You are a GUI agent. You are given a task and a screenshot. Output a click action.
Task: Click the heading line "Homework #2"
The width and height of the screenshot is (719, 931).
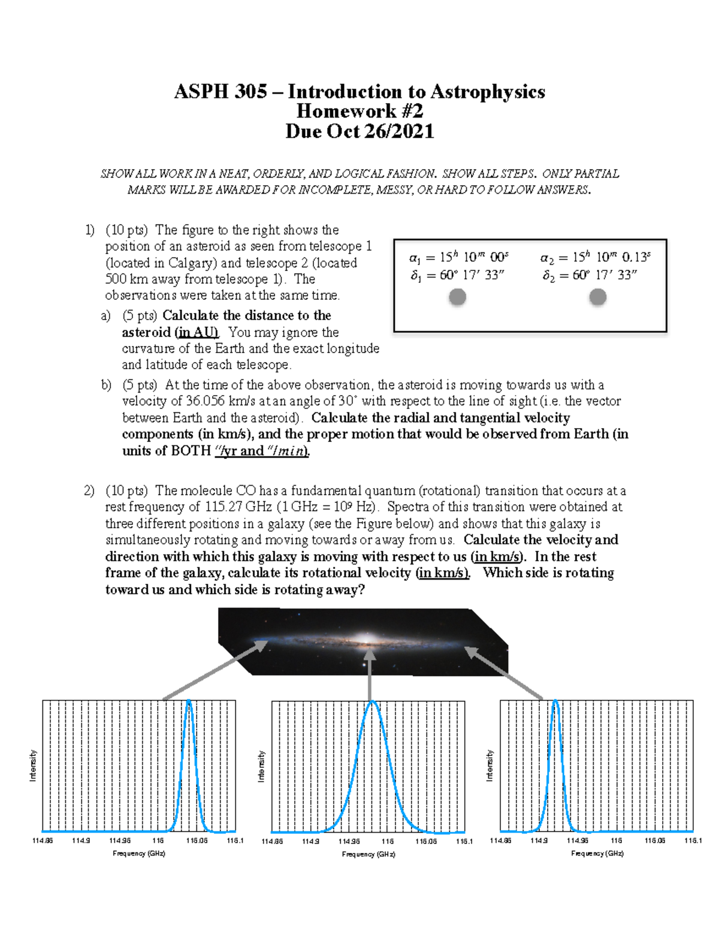pyautogui.click(x=359, y=111)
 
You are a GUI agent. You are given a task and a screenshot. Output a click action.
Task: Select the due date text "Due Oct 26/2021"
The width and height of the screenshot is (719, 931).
pyautogui.click(x=359, y=131)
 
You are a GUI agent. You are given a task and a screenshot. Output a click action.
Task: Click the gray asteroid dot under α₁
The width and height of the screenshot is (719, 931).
pyautogui.click(x=457, y=297)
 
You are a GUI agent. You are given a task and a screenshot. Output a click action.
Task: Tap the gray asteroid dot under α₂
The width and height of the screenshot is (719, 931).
pyautogui.click(x=597, y=297)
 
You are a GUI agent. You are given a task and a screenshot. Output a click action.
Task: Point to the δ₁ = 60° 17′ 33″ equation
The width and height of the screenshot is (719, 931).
pyautogui.click(x=457, y=275)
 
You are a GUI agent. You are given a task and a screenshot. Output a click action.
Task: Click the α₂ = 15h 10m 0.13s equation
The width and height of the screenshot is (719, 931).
pyautogui.click(x=595, y=257)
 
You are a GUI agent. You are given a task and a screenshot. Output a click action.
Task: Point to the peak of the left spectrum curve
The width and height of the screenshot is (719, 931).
pyautogui.click(x=189, y=701)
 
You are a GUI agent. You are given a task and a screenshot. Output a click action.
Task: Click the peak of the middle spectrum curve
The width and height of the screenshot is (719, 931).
pyautogui.click(x=372, y=702)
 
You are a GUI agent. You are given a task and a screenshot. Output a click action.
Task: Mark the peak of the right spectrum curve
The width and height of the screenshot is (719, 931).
pyautogui.click(x=555, y=701)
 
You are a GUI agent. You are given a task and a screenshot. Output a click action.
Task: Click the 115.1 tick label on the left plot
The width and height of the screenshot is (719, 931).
pyautogui.click(x=235, y=840)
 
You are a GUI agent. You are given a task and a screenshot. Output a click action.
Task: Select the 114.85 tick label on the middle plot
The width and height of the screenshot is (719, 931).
pyautogui.click(x=272, y=841)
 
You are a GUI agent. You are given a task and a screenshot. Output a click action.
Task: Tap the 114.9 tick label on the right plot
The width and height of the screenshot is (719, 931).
pyautogui.click(x=539, y=840)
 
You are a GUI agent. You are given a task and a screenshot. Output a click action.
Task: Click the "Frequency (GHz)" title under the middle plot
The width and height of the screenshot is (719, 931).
pyautogui.click(x=368, y=854)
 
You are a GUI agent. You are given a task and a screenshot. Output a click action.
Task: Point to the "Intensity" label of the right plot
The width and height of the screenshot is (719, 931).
pyautogui.click(x=490, y=766)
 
